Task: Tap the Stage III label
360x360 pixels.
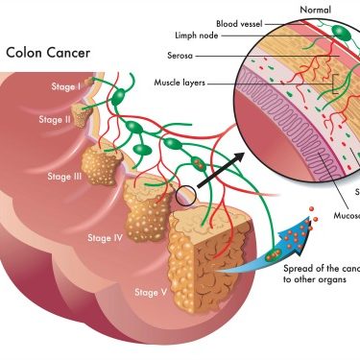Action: tap(64, 177)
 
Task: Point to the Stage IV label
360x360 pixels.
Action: tap(106, 237)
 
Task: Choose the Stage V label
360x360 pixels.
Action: tap(151, 292)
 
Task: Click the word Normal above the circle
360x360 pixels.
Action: tap(315, 9)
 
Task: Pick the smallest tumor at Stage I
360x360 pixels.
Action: tap(90, 84)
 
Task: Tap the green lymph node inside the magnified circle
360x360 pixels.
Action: tap(341, 35)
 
